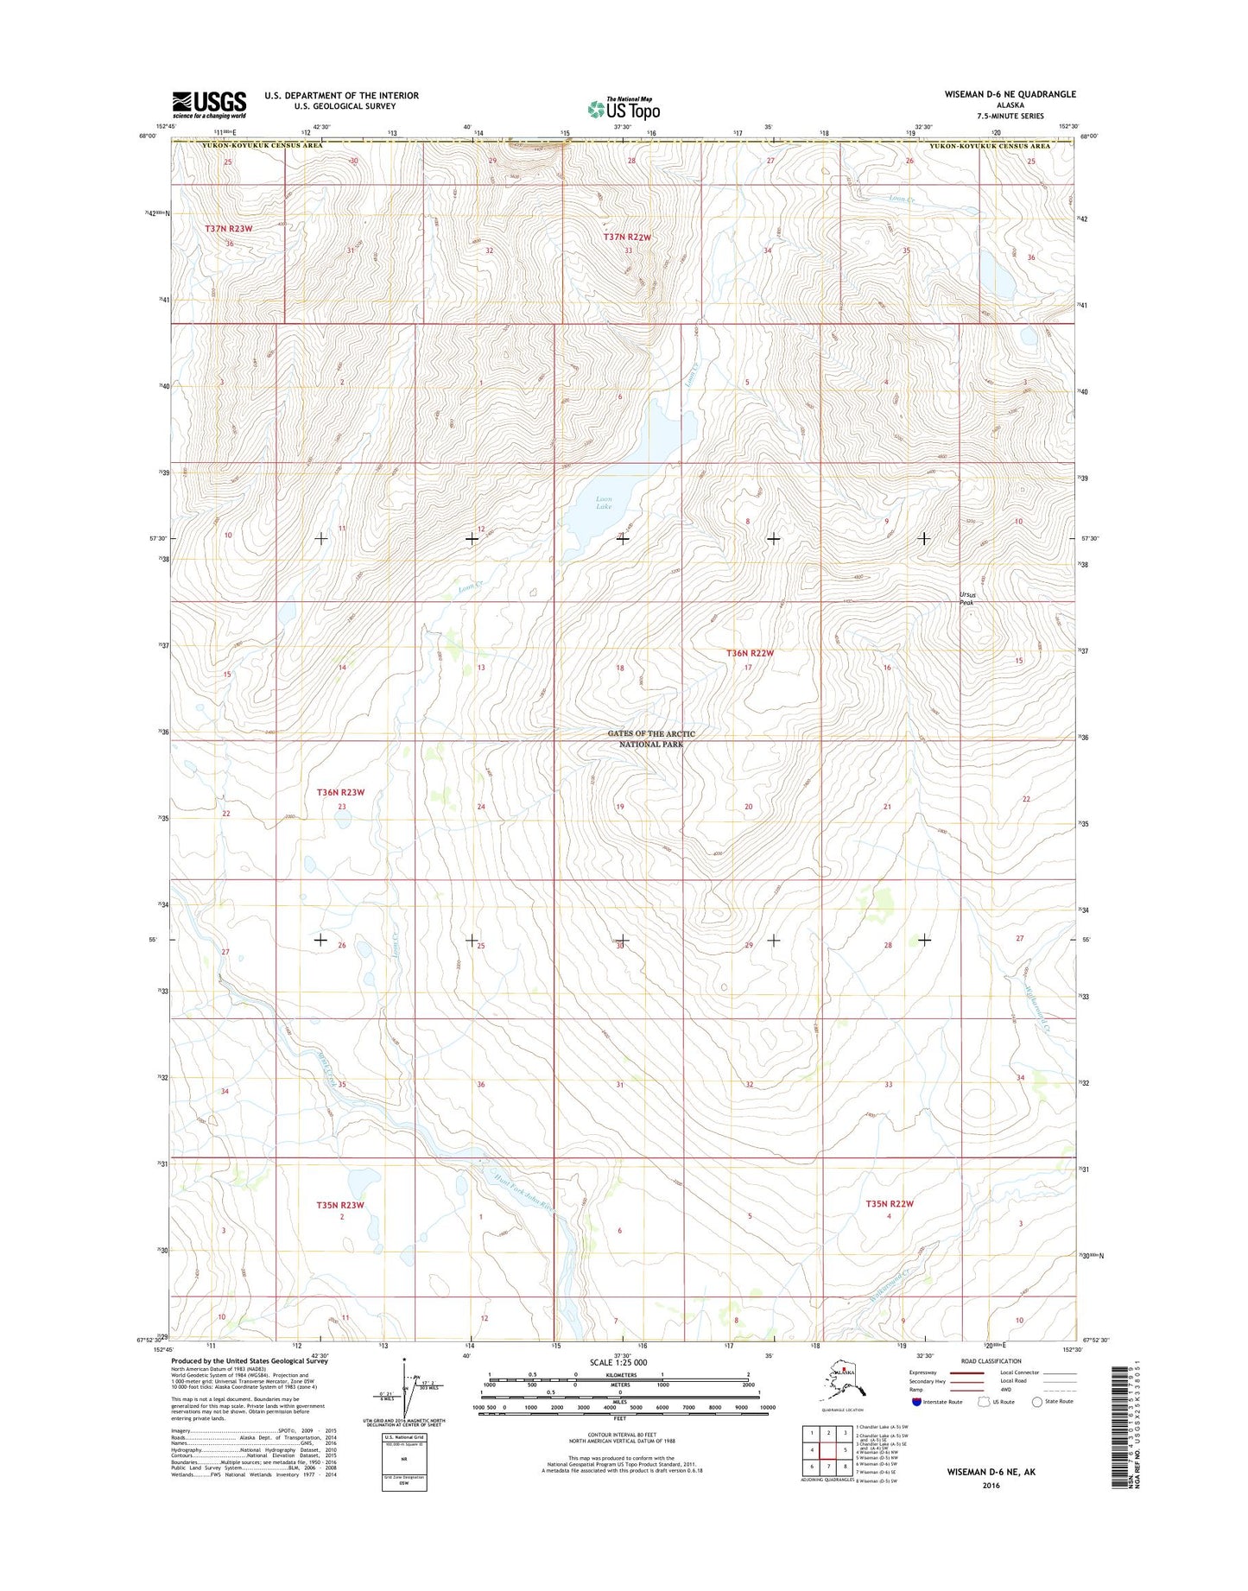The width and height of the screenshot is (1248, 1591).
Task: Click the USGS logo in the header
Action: [x=209, y=105]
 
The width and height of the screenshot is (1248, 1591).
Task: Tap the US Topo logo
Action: [x=624, y=109]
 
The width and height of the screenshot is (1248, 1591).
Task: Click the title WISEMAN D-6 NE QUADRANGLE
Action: [x=1014, y=94]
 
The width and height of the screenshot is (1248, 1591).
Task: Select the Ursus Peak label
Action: [x=968, y=599]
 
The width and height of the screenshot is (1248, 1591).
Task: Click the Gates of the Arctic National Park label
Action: [x=650, y=738]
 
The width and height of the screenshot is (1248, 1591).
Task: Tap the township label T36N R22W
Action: [x=750, y=653]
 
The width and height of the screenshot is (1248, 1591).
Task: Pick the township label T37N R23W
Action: [x=229, y=228]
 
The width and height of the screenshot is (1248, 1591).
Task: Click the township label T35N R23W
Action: [x=340, y=1205]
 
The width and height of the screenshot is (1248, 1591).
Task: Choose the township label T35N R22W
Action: [x=890, y=1203]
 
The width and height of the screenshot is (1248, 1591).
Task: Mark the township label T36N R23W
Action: [x=340, y=792]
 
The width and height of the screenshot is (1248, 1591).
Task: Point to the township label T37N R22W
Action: [x=626, y=237]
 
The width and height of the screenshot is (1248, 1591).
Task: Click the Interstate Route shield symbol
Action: [x=917, y=1402]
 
